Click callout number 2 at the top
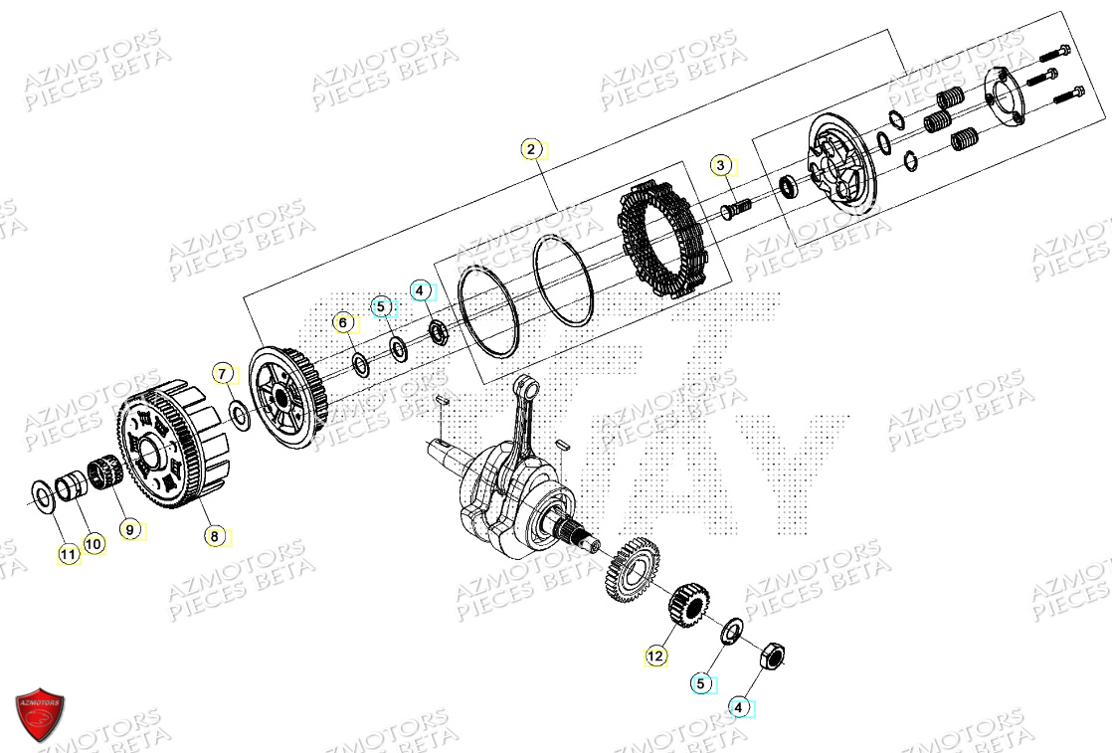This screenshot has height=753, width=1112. pos(531,150)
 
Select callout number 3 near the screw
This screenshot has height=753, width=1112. pos(721,165)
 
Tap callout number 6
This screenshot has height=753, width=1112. pos(342,323)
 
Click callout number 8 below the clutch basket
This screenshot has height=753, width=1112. pos(213,536)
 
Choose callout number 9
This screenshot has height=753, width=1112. pos(128,530)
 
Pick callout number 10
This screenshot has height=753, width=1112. pos(93,543)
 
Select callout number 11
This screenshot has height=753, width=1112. pos(68,554)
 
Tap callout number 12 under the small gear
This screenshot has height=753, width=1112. pos(654,657)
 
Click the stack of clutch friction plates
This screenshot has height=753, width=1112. pos(663,241)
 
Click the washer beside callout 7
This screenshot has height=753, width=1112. pos(239,414)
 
